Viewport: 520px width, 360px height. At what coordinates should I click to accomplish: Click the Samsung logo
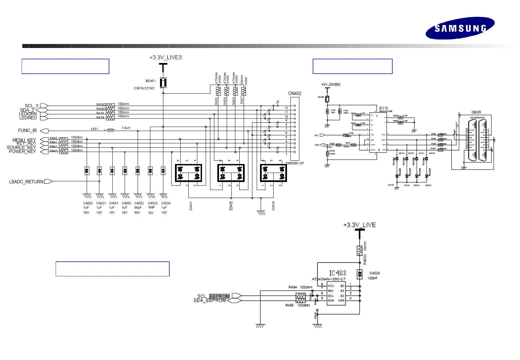[x=460, y=28]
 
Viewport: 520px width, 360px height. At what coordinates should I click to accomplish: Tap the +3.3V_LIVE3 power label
[x=166, y=57]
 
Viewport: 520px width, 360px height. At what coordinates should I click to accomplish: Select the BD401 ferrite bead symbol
[x=163, y=82]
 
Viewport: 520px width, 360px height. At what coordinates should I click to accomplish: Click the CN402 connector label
[x=295, y=93]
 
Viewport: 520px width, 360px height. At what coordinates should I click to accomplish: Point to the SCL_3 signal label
[x=31, y=106]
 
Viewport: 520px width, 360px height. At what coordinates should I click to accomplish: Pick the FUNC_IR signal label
[x=27, y=131]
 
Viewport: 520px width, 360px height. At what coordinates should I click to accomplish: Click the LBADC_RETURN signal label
[x=26, y=182]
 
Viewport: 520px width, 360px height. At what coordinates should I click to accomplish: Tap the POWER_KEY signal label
[x=22, y=151]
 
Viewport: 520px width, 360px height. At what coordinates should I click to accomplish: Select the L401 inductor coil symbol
[x=110, y=131]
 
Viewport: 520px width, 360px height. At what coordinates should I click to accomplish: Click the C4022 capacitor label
[x=139, y=203]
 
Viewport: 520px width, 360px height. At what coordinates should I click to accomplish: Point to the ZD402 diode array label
[x=231, y=205]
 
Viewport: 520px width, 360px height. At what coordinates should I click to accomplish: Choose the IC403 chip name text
[x=338, y=273]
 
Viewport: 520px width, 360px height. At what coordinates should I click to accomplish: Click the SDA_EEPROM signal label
[x=210, y=300]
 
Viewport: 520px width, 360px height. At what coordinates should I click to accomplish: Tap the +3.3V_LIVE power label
[x=359, y=225]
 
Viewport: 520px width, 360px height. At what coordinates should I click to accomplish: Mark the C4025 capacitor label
[x=374, y=273]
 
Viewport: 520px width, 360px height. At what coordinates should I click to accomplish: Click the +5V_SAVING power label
[x=331, y=84]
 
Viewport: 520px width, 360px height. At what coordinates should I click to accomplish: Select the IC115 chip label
[x=383, y=108]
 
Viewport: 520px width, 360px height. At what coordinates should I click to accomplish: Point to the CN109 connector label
[x=476, y=112]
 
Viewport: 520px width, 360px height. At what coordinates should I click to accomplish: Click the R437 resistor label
[x=242, y=100]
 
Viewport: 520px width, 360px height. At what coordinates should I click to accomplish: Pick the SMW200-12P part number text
[x=295, y=163]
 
